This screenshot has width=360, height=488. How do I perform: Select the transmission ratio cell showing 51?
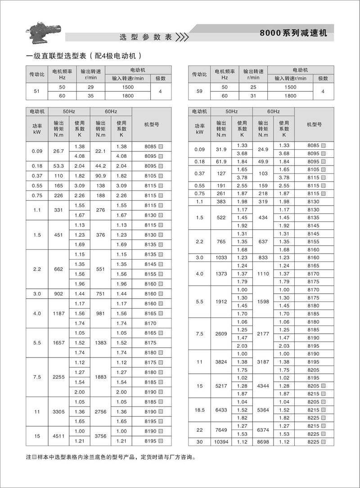[36, 92]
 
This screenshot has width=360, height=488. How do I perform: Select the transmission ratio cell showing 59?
[199, 92]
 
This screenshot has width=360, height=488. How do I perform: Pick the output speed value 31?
[253, 96]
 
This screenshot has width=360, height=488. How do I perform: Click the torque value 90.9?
[101, 175]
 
